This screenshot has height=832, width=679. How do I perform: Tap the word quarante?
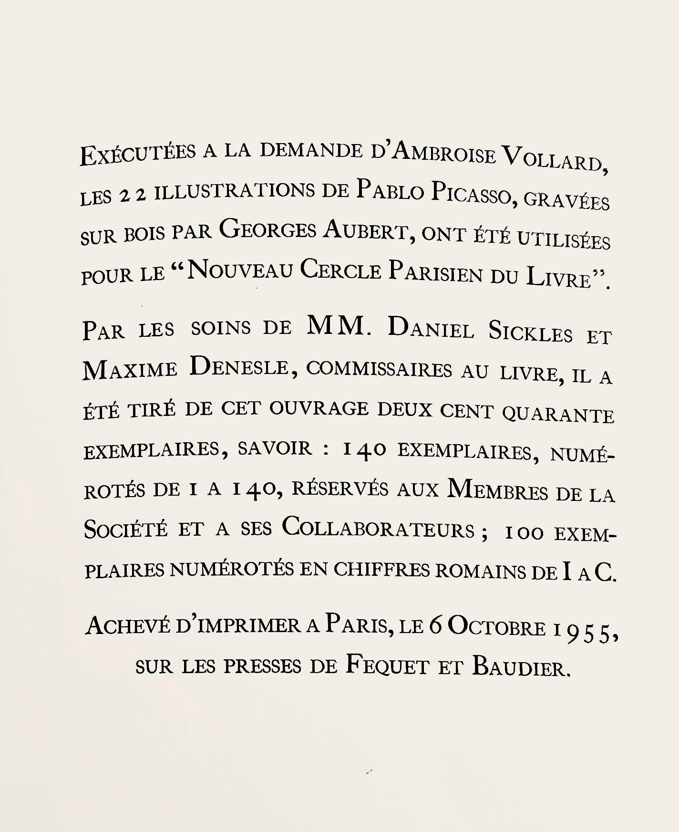tap(557, 414)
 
